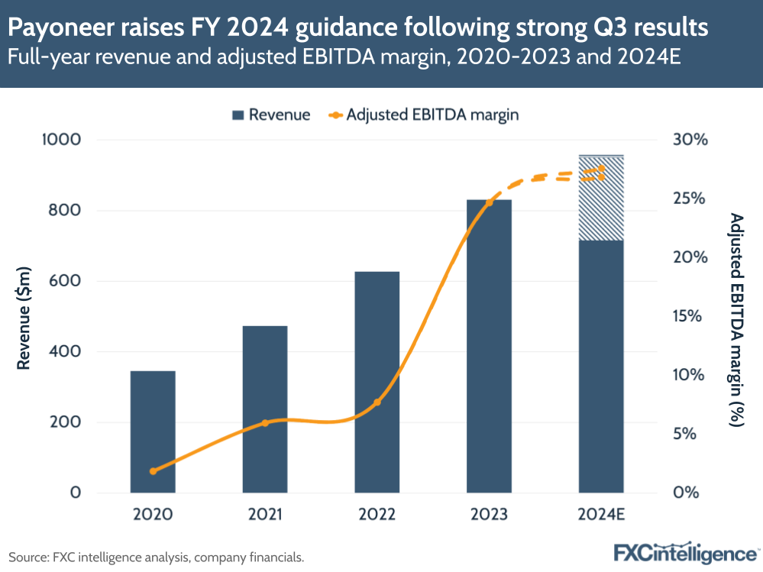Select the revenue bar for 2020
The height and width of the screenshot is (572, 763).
coord(153,431)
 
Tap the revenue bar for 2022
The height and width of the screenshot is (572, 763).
coord(377,382)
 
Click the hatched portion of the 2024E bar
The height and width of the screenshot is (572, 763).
coord(601,199)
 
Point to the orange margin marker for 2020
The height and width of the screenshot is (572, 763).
coord(153,471)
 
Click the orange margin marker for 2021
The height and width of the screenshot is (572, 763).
coord(265,423)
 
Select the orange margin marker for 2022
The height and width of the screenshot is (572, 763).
coord(377,402)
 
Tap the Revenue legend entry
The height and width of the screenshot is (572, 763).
coord(270,115)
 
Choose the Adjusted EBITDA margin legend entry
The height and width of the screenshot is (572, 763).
coord(424,115)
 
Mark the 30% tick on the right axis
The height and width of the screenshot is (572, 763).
coord(691,141)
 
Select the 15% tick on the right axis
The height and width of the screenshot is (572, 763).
coord(691,316)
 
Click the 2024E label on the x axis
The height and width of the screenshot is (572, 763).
coord(601,515)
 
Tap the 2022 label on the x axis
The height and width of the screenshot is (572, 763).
coord(377,515)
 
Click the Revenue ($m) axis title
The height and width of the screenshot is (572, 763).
coord(24,316)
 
